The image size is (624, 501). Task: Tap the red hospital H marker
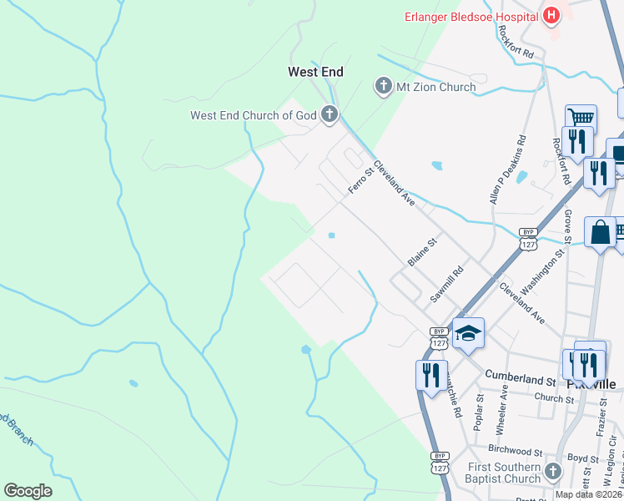(551, 15)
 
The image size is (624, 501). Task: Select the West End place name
(315, 73)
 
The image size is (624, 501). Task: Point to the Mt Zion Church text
(435, 87)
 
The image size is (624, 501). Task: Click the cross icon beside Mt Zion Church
(383, 86)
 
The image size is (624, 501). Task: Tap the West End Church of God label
(254, 115)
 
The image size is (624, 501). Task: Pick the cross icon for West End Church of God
(329, 114)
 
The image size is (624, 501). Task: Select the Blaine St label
(422, 253)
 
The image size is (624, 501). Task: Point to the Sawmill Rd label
(446, 285)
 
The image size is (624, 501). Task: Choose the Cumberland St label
(520, 379)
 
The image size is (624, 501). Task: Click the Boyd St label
(581, 458)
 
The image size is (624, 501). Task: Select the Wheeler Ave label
(501, 407)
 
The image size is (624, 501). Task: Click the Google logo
(28, 491)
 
